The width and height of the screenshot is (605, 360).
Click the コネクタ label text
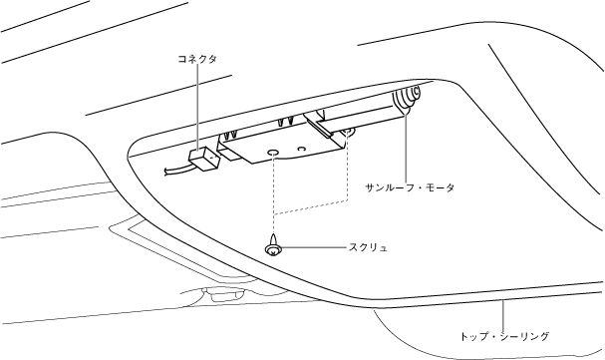point(197,59)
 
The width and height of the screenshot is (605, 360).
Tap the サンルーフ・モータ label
point(410,187)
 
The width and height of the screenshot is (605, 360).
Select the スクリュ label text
point(368,247)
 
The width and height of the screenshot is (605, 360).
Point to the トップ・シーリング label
point(504,336)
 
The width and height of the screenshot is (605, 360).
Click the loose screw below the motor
point(273,245)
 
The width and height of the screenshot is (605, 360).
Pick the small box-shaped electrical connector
point(203,159)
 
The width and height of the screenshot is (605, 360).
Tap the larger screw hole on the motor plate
point(273,153)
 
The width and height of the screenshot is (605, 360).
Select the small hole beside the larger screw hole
point(302,149)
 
